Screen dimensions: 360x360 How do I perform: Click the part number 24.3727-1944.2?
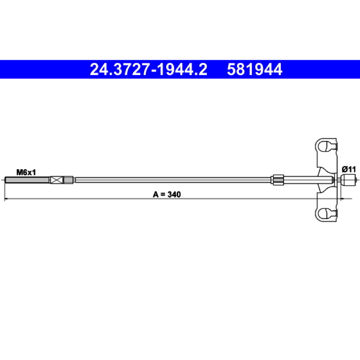148,69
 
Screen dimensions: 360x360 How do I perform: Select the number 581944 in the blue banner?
254,69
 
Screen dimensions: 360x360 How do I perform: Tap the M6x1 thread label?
26,172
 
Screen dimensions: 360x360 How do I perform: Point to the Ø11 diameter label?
348,170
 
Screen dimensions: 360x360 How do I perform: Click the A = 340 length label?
167,194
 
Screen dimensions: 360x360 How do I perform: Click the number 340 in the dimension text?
174,194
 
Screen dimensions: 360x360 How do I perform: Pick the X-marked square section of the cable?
57,180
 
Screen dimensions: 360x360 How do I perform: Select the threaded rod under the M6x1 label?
27,180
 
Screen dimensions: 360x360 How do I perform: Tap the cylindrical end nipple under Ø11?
348,180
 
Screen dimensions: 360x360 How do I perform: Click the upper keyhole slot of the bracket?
326,147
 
